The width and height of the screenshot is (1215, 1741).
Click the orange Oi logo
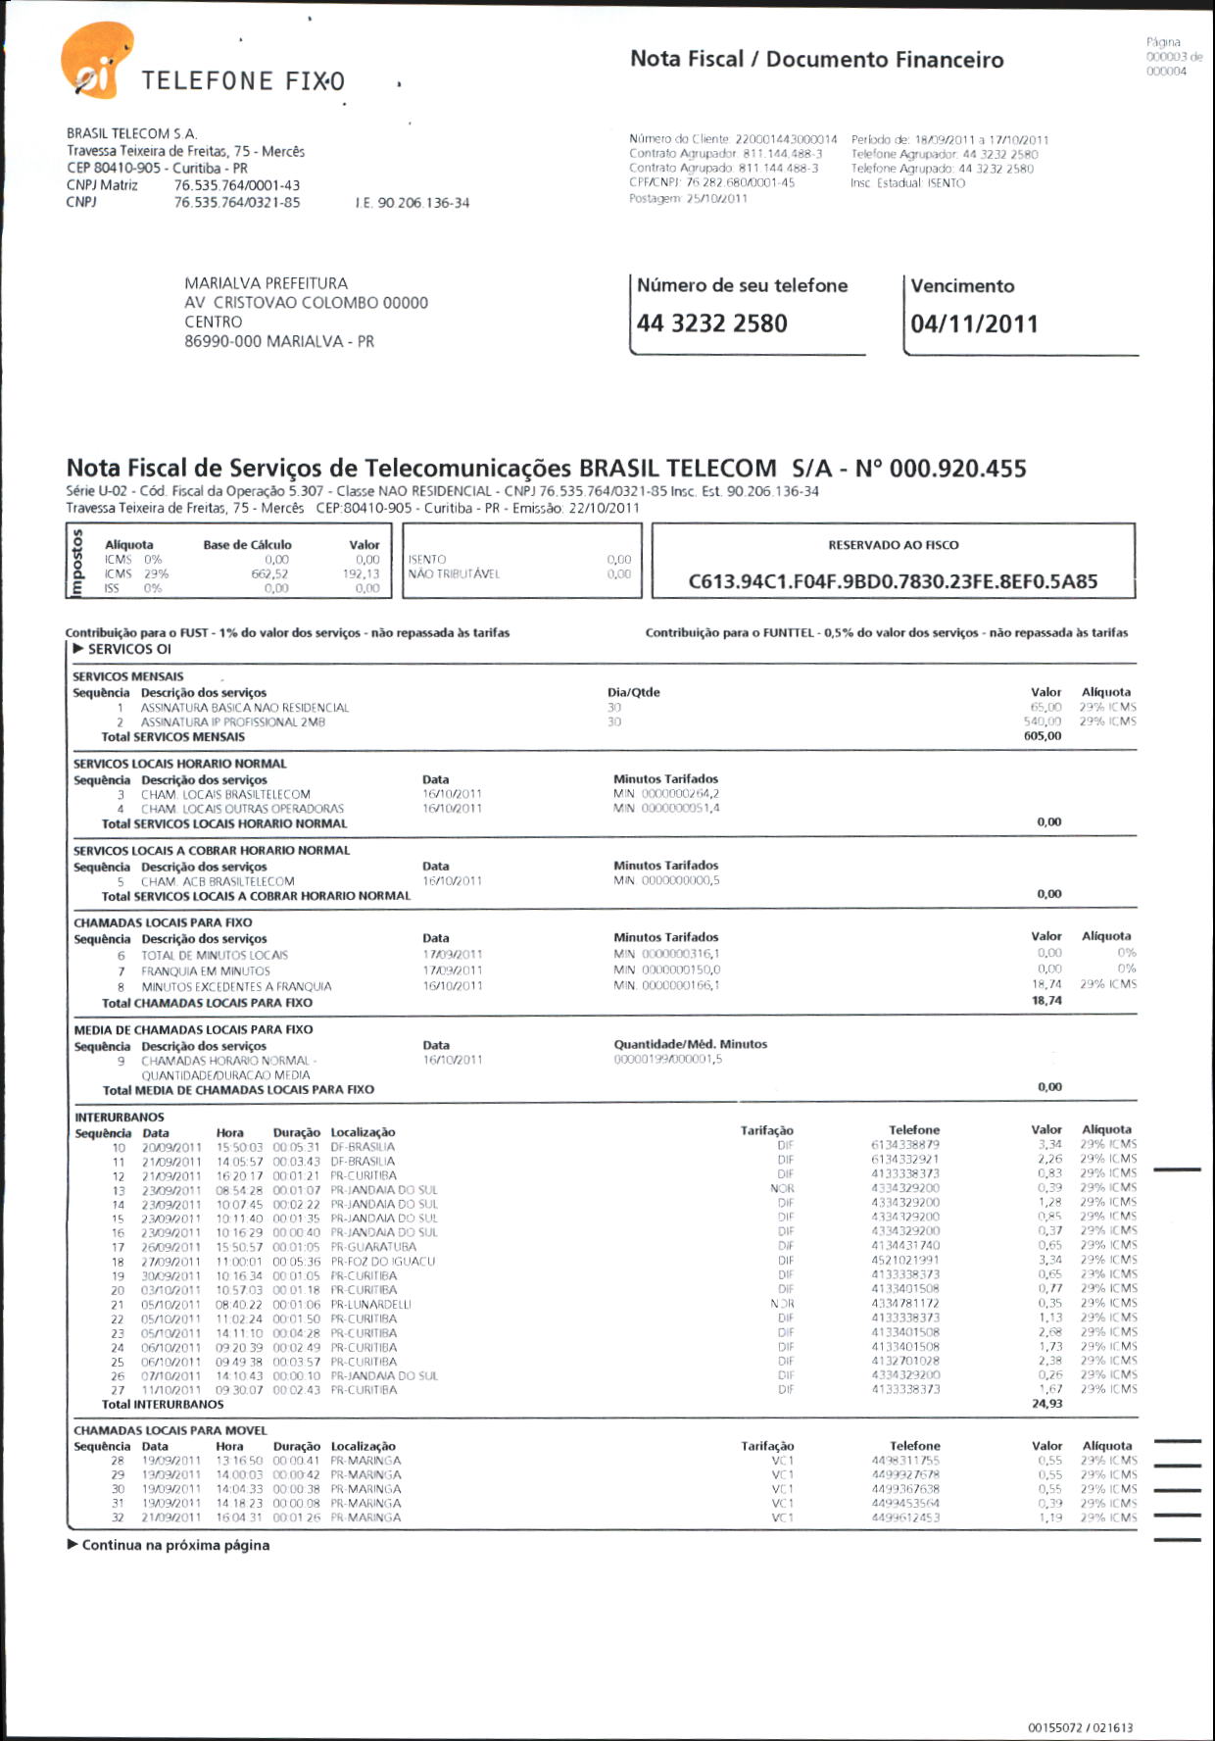click(96, 61)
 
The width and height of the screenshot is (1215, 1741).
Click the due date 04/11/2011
click(974, 324)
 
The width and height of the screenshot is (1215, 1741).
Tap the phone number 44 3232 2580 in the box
click(711, 323)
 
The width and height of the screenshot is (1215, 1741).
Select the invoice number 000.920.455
click(957, 469)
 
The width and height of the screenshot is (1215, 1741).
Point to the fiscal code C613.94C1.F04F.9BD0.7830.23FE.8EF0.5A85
click(893, 581)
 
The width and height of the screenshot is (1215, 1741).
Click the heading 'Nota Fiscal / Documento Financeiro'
click(816, 60)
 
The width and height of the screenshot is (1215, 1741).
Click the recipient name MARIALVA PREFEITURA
click(266, 283)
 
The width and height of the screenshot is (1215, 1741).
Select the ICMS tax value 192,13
click(361, 574)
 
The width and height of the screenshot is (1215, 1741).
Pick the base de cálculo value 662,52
click(269, 574)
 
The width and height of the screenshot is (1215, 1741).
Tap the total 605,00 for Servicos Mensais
click(1042, 736)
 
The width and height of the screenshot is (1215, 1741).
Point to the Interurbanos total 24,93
click(1046, 1404)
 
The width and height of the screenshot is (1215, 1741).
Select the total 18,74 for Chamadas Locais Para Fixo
click(1046, 1001)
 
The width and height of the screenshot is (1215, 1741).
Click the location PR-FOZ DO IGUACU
click(382, 1262)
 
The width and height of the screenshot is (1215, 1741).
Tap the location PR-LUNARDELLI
click(370, 1305)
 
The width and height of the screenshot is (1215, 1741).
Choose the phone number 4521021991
click(904, 1261)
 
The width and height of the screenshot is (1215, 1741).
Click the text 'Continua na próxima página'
click(174, 1545)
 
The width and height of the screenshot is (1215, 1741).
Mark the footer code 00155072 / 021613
click(1080, 1727)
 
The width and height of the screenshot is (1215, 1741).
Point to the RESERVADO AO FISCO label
click(893, 545)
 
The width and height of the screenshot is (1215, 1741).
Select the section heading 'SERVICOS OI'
click(128, 649)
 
